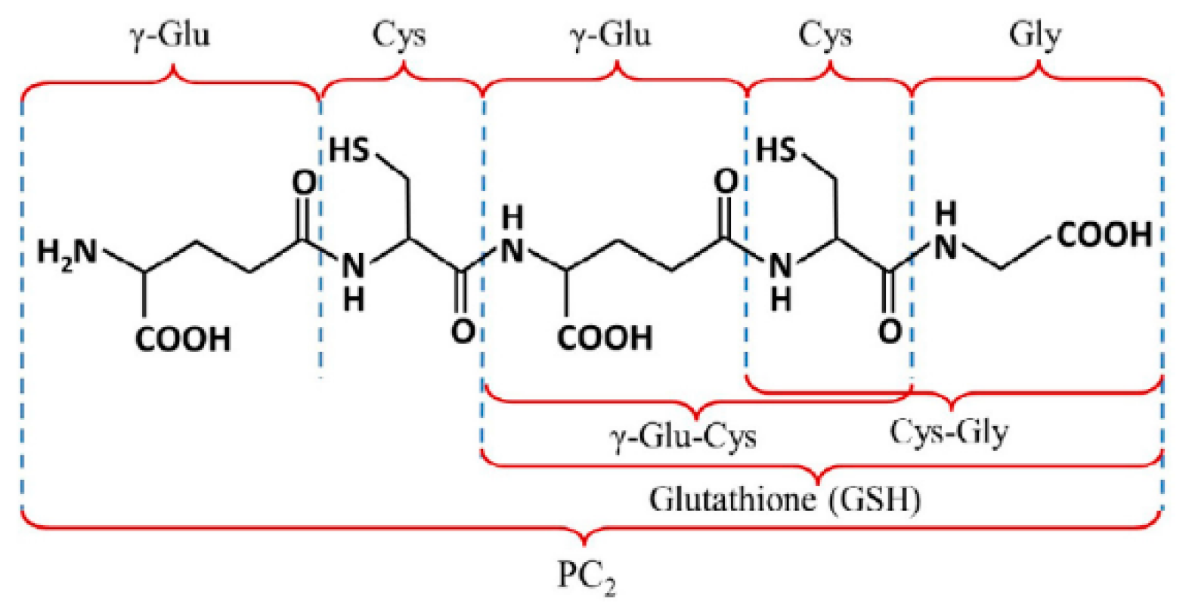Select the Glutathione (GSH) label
785,499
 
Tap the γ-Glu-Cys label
683,436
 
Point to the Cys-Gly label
949,432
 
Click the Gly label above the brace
1035,35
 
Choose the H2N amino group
67,252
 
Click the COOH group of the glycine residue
1104,235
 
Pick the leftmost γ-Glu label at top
169,35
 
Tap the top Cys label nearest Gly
825,35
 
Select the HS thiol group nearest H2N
349,150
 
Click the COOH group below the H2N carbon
183,339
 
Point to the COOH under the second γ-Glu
605,338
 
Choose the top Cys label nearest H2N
398,35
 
